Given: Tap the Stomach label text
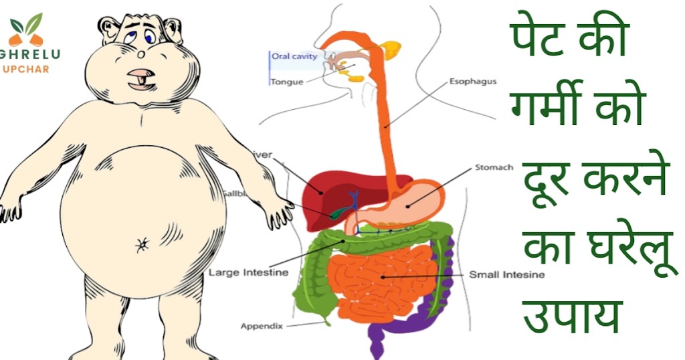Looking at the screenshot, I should [494, 167].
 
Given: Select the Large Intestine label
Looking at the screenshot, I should [248, 272].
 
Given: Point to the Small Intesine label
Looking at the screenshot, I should [506, 274].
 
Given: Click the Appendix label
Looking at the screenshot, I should [262, 327].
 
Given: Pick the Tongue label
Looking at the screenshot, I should [287, 82].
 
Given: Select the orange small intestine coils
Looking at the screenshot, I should [381, 278].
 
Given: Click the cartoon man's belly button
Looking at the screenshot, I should [142, 246].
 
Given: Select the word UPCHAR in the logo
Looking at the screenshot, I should [26, 70].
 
